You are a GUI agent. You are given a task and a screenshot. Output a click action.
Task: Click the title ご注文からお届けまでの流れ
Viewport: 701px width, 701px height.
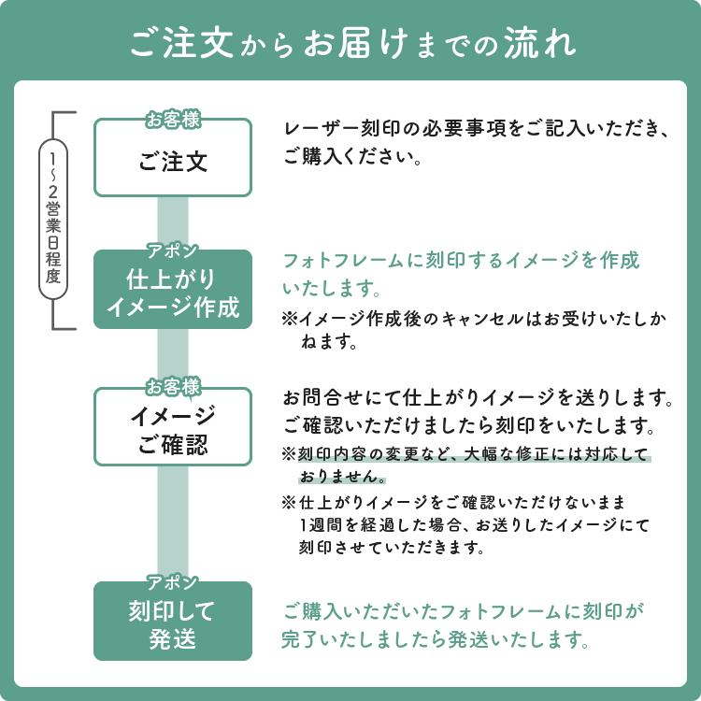click(352, 43)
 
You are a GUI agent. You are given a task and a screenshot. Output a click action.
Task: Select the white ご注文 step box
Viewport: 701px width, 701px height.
click(173, 157)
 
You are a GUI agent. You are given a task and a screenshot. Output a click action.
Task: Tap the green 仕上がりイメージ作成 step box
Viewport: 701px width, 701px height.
click(173, 289)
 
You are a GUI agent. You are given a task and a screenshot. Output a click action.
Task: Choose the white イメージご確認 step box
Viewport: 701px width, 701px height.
click(173, 427)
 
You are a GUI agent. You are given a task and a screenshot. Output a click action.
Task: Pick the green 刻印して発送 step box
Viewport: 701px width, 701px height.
click(173, 621)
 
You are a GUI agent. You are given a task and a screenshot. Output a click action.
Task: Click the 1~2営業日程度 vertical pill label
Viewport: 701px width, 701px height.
click(53, 219)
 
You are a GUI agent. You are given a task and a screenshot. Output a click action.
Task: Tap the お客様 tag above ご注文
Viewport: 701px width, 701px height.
click(173, 120)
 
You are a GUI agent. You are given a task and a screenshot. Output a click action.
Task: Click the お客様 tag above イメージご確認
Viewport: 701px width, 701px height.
click(173, 387)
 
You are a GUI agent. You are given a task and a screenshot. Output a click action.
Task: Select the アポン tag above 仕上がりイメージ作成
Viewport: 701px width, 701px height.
click(173, 250)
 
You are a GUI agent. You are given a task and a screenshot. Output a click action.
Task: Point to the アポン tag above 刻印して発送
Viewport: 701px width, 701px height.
click(173, 582)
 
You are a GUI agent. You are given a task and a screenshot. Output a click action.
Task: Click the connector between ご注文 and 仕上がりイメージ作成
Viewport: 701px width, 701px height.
click(173, 223)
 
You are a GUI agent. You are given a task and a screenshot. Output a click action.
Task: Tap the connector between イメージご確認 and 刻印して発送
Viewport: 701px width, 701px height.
click(173, 523)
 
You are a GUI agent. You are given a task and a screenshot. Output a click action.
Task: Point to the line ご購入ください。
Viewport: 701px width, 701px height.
click(352, 157)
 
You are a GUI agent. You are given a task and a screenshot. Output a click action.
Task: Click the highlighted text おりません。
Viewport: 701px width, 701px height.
click(342, 477)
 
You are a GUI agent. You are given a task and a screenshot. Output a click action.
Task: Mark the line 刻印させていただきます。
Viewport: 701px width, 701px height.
click(392, 547)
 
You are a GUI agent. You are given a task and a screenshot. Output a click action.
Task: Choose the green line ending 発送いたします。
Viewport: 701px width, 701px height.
click(435, 639)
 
